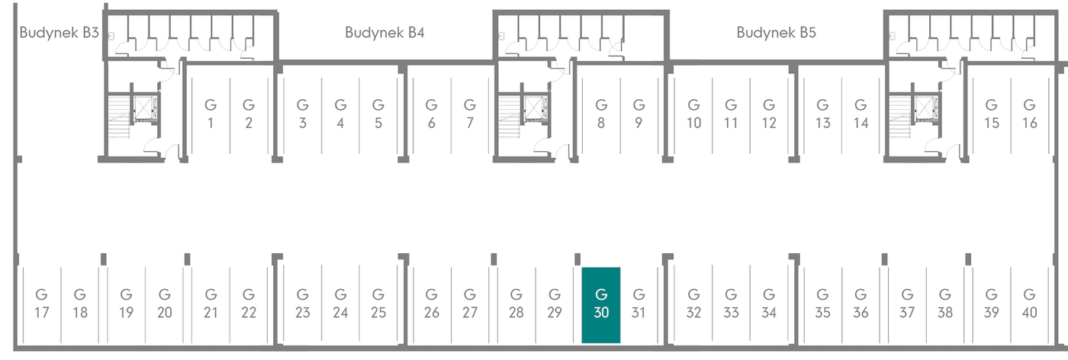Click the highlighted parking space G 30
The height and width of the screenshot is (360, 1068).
(x=601, y=305)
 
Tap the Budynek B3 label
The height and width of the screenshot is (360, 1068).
(x=60, y=33)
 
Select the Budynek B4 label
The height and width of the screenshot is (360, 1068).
(x=384, y=33)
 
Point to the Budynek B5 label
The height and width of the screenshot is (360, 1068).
(x=777, y=33)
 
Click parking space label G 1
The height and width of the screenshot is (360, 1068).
(x=211, y=114)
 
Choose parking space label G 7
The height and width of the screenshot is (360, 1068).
(x=470, y=114)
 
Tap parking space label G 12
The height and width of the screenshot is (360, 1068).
(x=769, y=114)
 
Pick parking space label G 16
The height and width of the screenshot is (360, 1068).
(x=1029, y=114)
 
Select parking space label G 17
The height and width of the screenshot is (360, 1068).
(x=41, y=304)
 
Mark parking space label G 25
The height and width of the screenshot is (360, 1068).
(x=378, y=304)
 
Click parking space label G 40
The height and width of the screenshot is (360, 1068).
(x=1029, y=304)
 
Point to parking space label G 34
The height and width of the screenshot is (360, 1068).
(x=769, y=304)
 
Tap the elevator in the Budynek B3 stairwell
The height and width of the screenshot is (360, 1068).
(x=144, y=109)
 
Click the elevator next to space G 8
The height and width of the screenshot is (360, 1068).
(x=536, y=109)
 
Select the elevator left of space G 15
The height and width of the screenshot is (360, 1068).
(x=926, y=109)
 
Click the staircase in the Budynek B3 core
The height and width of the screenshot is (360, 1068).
(x=119, y=117)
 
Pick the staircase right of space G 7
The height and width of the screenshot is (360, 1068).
(x=510, y=117)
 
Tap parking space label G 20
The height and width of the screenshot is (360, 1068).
(x=165, y=304)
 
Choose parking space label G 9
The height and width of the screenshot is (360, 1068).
(x=639, y=114)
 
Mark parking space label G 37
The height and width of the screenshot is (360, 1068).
(x=907, y=304)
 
